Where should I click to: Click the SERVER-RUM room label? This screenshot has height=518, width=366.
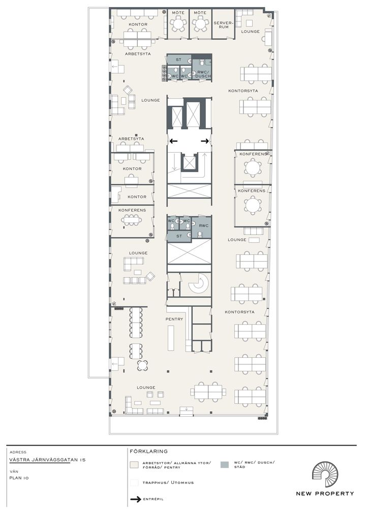224,25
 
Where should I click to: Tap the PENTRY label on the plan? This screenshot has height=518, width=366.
174,319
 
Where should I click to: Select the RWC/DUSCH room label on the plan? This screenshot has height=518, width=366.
203,74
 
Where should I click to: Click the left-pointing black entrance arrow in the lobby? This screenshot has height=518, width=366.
173,141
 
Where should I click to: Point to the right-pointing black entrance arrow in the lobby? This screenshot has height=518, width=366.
205,141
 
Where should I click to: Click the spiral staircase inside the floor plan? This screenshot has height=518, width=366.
198,284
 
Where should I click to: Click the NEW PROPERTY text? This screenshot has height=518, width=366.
325,494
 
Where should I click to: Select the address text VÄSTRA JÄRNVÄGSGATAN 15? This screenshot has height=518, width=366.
47,459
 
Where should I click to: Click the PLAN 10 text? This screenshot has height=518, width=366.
19,478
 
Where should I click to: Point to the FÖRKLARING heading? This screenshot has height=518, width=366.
148,451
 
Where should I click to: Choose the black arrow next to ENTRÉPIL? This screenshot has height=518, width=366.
136,499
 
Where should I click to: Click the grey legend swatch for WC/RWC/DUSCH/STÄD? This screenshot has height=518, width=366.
224,465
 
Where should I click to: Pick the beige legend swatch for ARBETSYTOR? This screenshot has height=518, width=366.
134,465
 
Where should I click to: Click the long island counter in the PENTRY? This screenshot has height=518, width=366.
171,338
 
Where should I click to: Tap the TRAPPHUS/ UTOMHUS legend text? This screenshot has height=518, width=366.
168,483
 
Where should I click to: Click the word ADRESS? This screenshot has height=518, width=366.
18,452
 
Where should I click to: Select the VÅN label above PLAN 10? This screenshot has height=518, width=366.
14,471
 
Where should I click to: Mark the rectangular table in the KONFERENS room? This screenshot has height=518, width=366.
131,220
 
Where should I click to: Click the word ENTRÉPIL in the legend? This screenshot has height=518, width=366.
153,499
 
